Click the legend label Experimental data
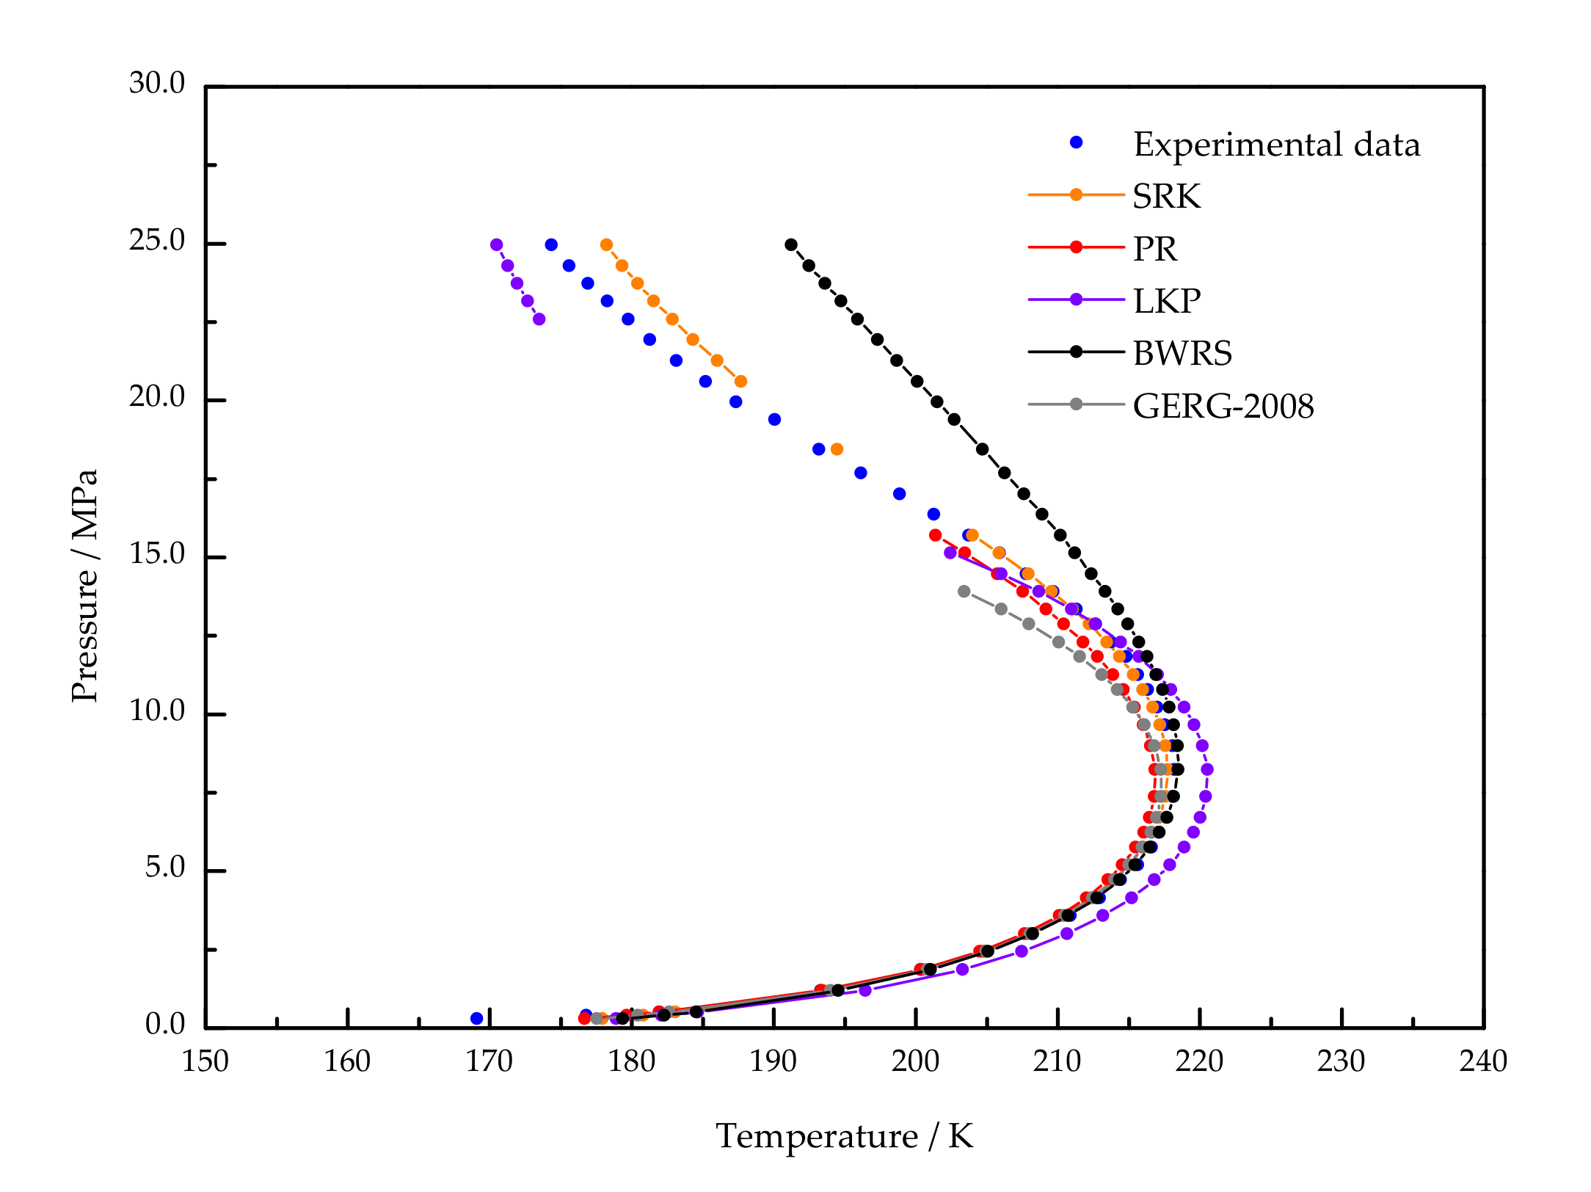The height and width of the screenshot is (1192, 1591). click(1276, 145)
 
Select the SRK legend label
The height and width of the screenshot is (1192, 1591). click(1166, 197)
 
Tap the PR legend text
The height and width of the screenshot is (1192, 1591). click(1154, 250)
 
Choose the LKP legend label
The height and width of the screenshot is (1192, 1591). click(1166, 302)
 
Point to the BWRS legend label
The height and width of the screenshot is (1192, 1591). click(1182, 354)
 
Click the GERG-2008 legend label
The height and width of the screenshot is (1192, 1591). click(1223, 407)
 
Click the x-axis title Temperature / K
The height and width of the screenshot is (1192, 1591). click(844, 1137)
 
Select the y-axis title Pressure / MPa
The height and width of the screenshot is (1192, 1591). click(85, 586)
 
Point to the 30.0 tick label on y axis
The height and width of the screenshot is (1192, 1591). click(157, 84)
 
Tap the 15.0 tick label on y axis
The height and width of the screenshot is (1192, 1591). click(157, 554)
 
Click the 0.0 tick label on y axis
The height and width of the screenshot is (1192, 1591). click(165, 1025)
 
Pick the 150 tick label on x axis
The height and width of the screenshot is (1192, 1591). click(205, 1062)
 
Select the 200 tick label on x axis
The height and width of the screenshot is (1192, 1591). click(915, 1062)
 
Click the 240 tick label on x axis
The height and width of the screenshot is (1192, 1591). click(1483, 1062)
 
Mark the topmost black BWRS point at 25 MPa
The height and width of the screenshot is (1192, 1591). click(791, 244)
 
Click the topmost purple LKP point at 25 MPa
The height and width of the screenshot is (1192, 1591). click(496, 244)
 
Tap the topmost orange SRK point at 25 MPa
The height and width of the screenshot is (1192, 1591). click(606, 244)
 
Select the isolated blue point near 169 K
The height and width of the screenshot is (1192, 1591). click(477, 1019)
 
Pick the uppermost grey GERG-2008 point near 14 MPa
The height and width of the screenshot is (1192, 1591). click(964, 592)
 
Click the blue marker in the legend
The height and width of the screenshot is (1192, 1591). click(1076, 142)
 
